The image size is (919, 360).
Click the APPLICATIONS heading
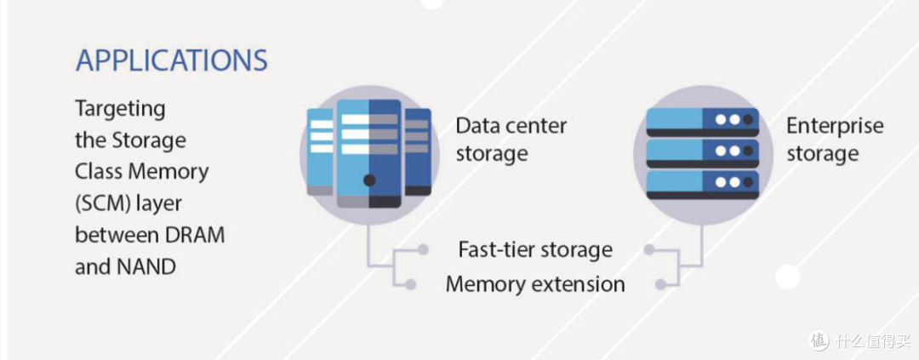pos(172,60)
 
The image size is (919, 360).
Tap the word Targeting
pos(121,110)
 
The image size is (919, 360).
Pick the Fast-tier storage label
pos(535,249)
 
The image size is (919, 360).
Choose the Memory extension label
pos(535,284)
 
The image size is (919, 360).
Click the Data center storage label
pos(511,140)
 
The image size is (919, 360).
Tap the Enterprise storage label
pos(835,140)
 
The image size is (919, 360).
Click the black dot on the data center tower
pos(369,180)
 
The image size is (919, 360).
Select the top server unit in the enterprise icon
pos(702,122)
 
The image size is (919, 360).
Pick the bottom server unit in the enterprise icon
pos(702,185)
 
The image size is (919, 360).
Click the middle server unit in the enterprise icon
pos(702,153)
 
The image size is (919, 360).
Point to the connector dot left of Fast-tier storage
pos(423,249)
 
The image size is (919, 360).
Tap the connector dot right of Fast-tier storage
pos(648,249)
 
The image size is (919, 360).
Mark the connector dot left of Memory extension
pos(410,284)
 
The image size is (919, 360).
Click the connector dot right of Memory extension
pos(660,284)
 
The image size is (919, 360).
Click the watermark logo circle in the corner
pos(819,340)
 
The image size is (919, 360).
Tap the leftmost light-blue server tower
pos(320,151)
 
